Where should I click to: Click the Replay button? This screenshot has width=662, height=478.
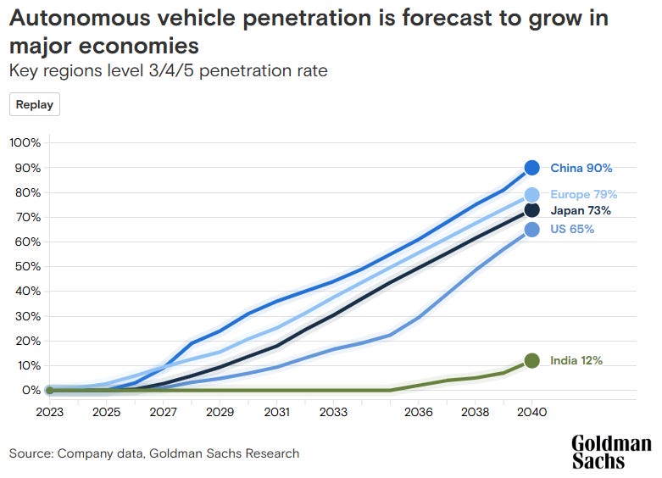35,105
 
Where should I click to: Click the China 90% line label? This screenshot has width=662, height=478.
581,169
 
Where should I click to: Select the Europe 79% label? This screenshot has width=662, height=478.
583,194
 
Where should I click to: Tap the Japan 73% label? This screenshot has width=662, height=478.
580,210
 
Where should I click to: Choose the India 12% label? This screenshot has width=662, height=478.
576,360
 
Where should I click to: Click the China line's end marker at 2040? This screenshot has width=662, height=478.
532,168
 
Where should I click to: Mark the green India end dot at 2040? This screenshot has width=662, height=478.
532,360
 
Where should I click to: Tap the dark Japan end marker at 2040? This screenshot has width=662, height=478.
532,210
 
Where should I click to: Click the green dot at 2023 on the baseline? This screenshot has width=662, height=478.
49,390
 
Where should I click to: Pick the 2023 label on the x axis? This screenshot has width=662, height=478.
49,412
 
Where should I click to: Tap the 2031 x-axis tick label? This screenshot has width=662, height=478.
276,412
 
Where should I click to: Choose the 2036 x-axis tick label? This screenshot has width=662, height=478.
419,412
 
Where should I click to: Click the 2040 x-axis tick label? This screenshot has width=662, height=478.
532,412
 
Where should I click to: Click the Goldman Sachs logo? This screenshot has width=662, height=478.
611,453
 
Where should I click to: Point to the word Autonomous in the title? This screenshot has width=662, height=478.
83,18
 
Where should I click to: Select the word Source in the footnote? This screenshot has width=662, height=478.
31,453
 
